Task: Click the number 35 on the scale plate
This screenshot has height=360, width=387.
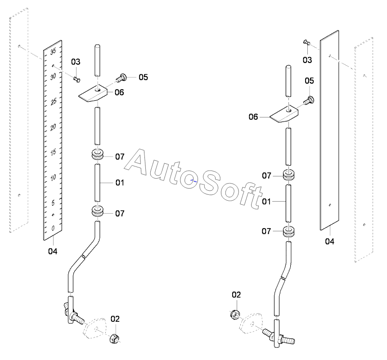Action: click(53, 52)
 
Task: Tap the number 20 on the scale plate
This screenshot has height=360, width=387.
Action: click(53, 127)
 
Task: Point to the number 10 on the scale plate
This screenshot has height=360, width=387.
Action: click(53, 177)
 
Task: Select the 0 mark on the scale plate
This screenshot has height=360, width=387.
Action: click(53, 228)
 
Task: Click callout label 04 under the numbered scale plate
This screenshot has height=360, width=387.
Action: click(53, 251)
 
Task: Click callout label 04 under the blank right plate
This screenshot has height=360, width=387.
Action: click(330, 242)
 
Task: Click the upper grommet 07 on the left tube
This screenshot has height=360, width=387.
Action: click(97, 154)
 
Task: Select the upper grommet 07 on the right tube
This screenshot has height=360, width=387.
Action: click(289, 175)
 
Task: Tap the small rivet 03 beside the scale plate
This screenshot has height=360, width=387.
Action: click(76, 79)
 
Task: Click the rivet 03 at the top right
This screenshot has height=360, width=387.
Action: click(306, 42)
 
